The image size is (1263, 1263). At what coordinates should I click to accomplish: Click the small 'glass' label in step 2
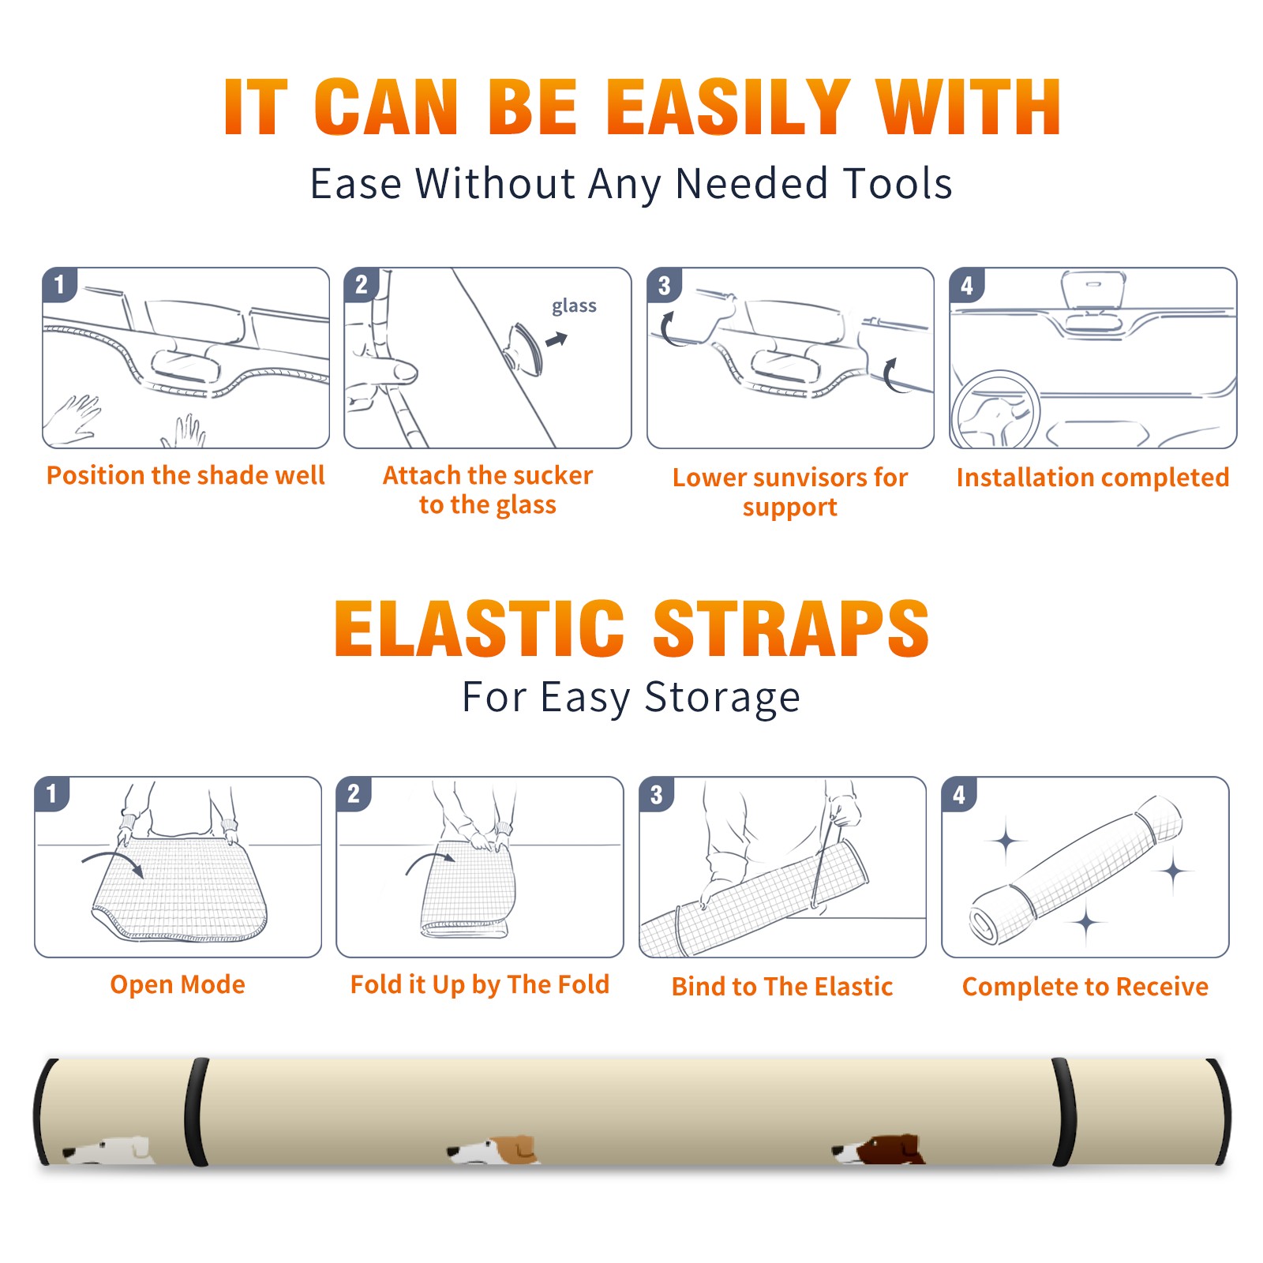[x=574, y=306]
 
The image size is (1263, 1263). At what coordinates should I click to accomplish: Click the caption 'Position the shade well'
[x=186, y=475]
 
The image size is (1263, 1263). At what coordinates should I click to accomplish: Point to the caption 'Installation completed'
[x=1092, y=478]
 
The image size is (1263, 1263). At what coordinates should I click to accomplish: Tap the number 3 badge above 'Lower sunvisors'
[x=664, y=285]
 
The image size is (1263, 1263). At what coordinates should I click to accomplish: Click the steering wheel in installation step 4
[x=995, y=411]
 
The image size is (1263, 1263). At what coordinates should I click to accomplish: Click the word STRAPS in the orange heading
[x=791, y=628]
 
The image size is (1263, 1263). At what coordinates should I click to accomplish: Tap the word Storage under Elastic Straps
[x=722, y=698]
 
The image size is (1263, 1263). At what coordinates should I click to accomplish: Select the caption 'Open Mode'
[x=178, y=984]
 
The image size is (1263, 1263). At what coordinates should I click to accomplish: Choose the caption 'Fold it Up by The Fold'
[x=480, y=984]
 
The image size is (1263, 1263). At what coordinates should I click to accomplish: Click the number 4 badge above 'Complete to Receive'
[x=959, y=794]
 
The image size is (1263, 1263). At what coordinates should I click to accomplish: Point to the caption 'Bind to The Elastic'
[x=782, y=987]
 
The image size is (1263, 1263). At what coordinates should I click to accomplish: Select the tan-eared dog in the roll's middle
[x=493, y=1150]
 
